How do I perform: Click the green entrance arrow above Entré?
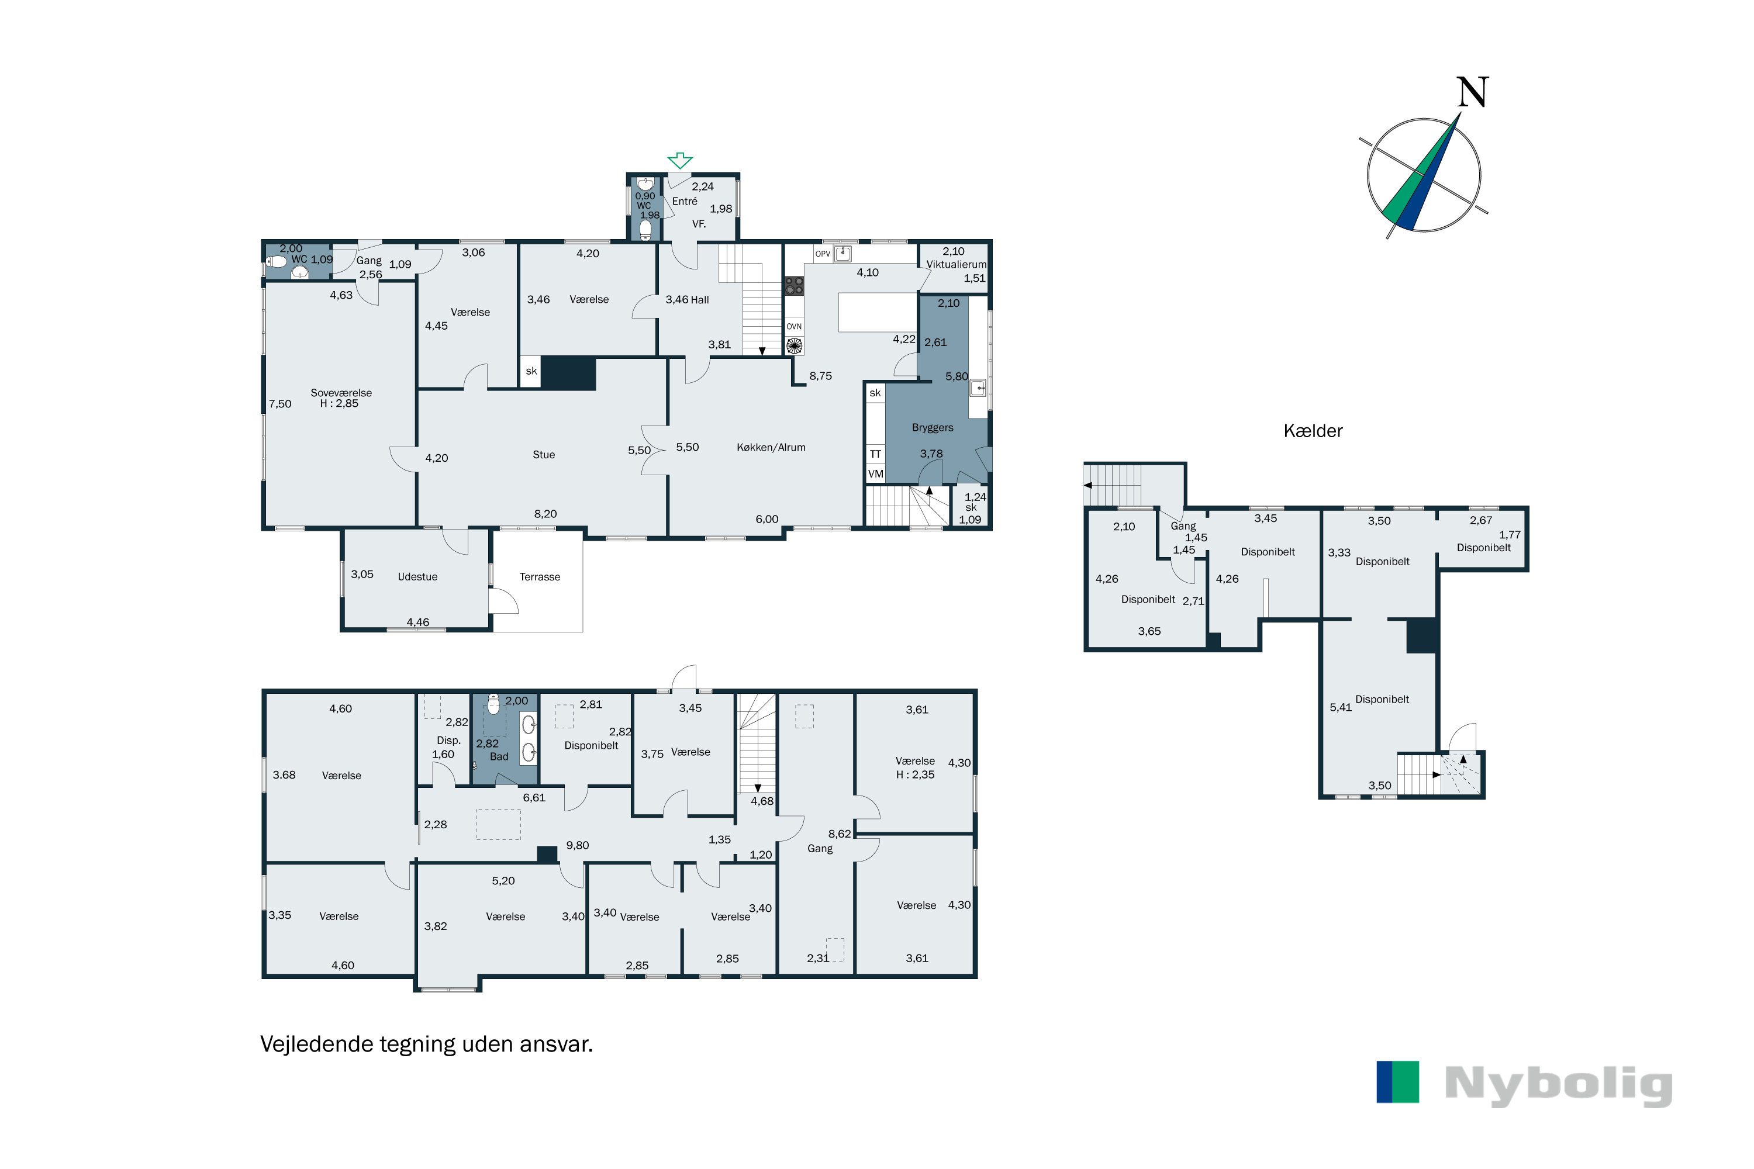click(679, 160)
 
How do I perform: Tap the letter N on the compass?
click(1472, 92)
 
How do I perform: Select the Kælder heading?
click(1313, 431)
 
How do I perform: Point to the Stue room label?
click(544, 455)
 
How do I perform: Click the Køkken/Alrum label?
click(771, 447)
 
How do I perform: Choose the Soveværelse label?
click(341, 393)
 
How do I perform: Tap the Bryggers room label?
click(932, 428)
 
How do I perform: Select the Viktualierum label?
click(956, 265)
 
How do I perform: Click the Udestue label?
click(417, 577)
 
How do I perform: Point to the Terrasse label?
click(540, 577)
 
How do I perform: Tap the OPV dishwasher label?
click(823, 254)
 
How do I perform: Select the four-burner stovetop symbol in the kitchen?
click(794, 286)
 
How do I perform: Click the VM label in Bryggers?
click(875, 474)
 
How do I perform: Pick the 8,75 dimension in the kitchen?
click(820, 376)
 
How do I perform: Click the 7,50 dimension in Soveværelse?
click(281, 404)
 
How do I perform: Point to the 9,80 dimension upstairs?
click(577, 845)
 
